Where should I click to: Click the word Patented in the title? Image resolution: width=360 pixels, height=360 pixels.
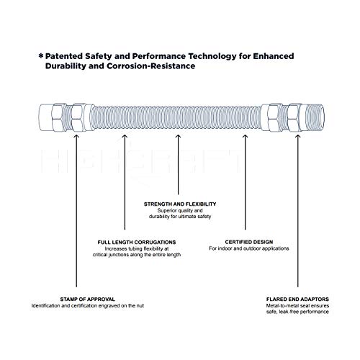pyautogui.click(x=68, y=55)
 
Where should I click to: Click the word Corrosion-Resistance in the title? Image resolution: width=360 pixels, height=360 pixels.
pyautogui.click(x=151, y=66)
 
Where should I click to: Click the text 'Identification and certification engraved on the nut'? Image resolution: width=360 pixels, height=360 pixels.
pyautogui.click(x=78, y=307)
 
